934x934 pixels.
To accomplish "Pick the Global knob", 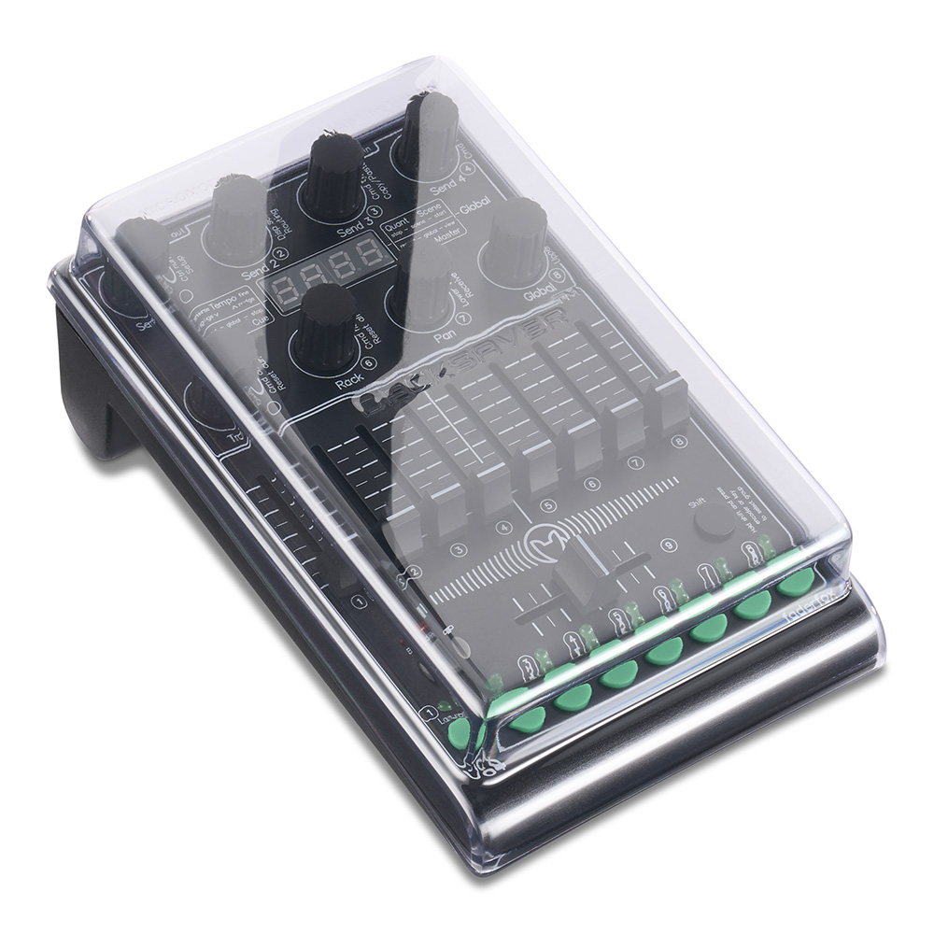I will (516, 238).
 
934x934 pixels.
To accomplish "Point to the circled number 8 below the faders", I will (679, 439).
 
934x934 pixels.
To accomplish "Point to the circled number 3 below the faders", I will (459, 551).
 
